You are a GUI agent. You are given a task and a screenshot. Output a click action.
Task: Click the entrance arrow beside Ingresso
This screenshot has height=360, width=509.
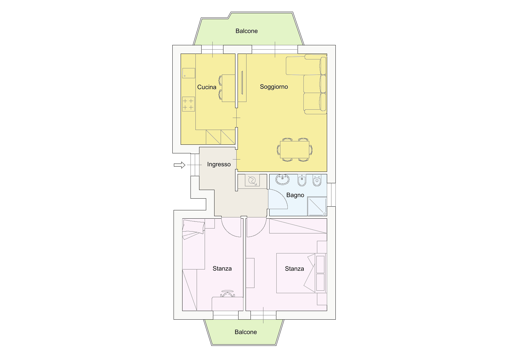[179, 165]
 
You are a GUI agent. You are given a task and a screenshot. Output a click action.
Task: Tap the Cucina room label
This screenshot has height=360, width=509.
[206, 87]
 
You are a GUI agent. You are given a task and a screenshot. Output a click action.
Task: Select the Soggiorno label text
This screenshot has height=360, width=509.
[274, 87]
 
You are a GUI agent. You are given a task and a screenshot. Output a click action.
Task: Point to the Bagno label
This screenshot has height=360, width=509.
[295, 195]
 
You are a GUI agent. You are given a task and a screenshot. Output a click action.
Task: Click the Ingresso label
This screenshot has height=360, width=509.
[219, 164]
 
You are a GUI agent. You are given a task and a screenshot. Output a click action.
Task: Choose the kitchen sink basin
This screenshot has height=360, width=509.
[189, 73]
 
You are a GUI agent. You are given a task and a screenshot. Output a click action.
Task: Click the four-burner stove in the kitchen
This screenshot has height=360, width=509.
[188, 104]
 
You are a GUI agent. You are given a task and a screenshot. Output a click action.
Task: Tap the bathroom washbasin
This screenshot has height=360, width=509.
[283, 180]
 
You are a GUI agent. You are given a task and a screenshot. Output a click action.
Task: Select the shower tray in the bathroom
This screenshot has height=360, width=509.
[317, 206]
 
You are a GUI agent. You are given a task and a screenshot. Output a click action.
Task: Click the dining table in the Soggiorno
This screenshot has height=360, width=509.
[295, 150]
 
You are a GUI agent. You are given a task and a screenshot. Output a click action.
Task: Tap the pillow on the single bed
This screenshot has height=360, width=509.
[194, 226]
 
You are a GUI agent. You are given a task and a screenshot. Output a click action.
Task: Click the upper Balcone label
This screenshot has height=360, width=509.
[246, 31]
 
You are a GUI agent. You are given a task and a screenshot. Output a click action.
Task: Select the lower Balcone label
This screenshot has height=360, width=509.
[246, 332]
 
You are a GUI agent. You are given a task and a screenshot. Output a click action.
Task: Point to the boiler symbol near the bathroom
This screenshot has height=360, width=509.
[252, 180]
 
